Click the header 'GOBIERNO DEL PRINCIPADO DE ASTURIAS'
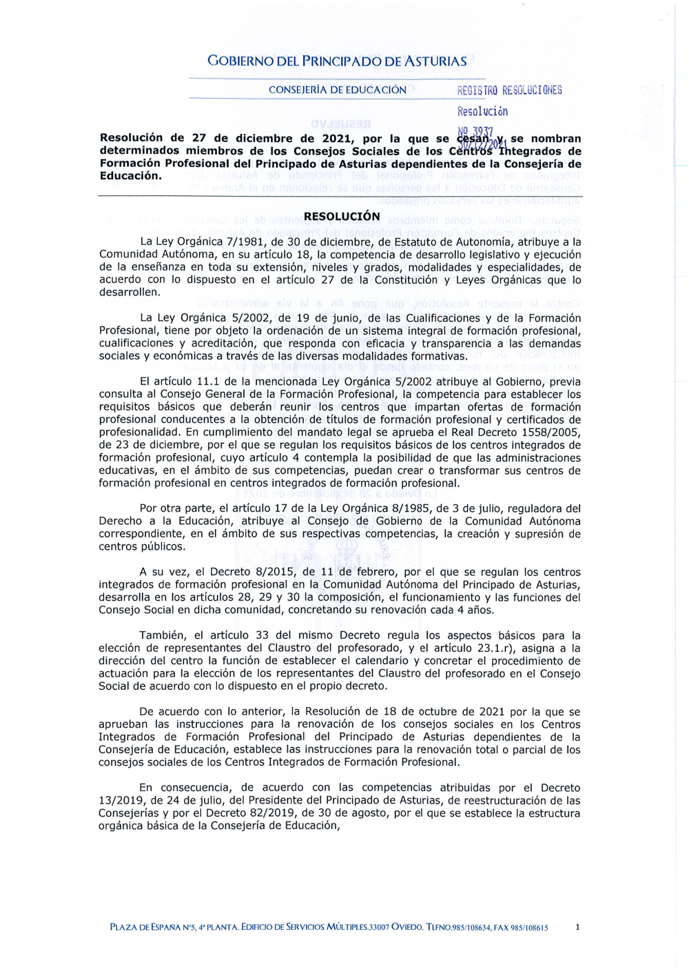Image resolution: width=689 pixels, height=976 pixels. pos(337,61)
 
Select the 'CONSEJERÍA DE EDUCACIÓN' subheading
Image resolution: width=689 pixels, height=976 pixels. pos(337,90)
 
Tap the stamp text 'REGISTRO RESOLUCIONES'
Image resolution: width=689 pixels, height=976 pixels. pos(509,90)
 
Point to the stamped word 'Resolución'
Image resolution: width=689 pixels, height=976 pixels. pos(482,111)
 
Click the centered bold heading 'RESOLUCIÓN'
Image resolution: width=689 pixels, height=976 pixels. pos(342,217)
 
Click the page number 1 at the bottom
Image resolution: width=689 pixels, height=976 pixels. pos(577,927)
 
